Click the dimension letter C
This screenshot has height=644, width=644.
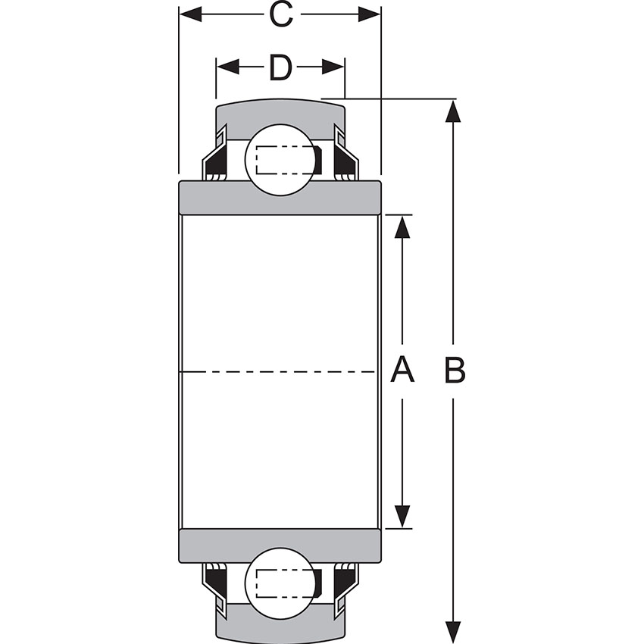[x=281, y=14]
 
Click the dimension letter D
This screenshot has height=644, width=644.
[x=280, y=68]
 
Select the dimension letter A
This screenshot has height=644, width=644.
[x=402, y=371]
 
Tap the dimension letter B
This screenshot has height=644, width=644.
[x=454, y=371]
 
